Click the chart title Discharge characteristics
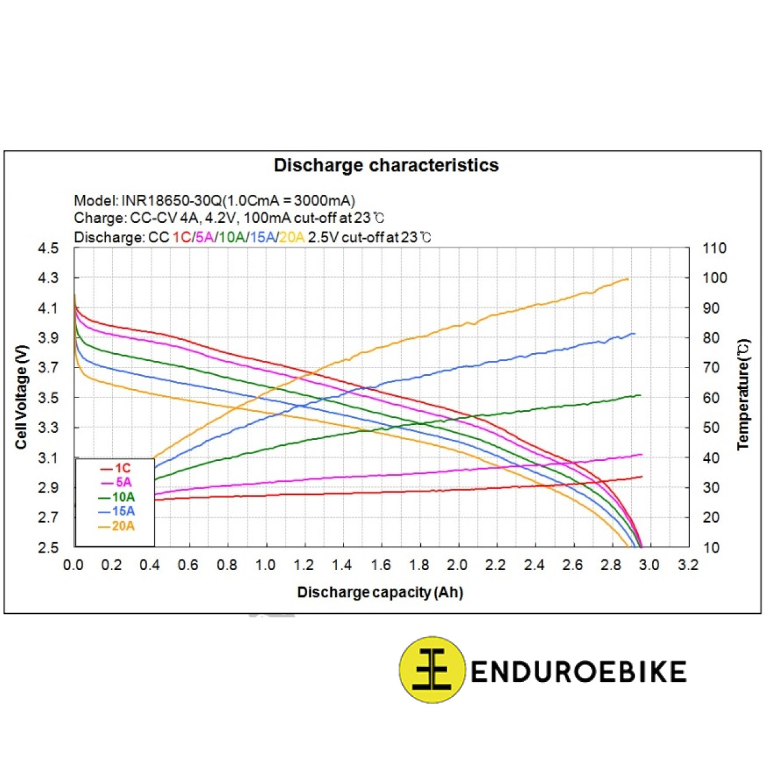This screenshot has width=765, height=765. coord(386,166)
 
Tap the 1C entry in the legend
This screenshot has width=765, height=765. coord(122,469)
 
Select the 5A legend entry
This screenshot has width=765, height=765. coord(123,482)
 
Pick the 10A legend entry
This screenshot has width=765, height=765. coord(123,497)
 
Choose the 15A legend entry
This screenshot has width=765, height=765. coord(123,512)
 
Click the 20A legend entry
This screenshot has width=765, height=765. coord(123,527)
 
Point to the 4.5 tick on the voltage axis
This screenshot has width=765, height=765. coord(48,249)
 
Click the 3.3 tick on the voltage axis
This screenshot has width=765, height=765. coord(48,428)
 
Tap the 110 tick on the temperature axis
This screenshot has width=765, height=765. coord(714,249)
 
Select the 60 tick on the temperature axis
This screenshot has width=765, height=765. coord(711,398)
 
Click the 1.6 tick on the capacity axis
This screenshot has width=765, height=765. coord(381,565)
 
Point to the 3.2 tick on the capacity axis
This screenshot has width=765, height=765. coord(688,565)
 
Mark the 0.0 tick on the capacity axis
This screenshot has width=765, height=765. coord(73,565)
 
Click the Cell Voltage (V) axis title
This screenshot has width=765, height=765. coord(22,397)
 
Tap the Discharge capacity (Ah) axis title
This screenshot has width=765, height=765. coord(380,592)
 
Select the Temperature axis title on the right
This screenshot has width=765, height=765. coord(743,394)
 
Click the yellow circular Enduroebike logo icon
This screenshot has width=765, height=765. coord(432,670)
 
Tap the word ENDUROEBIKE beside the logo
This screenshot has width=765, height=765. coord(578,672)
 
